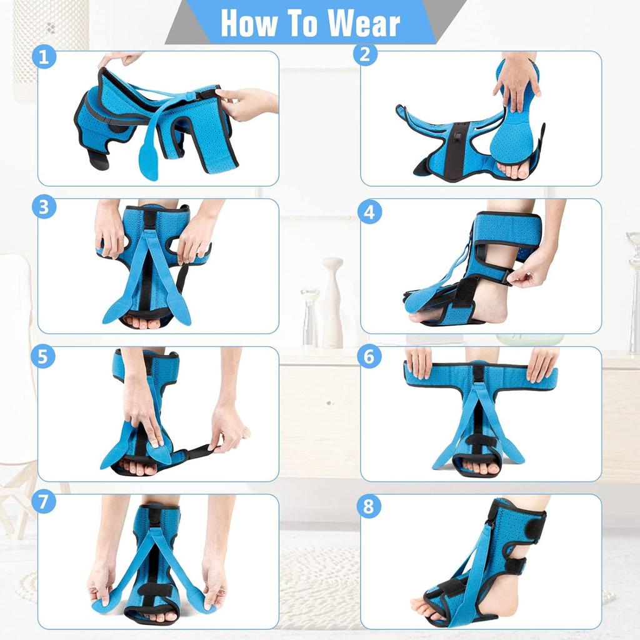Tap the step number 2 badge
[x=366, y=54]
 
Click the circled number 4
[x=369, y=212]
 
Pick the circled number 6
[x=369, y=357]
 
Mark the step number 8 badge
[x=369, y=506]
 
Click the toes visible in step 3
[x=144, y=323]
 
